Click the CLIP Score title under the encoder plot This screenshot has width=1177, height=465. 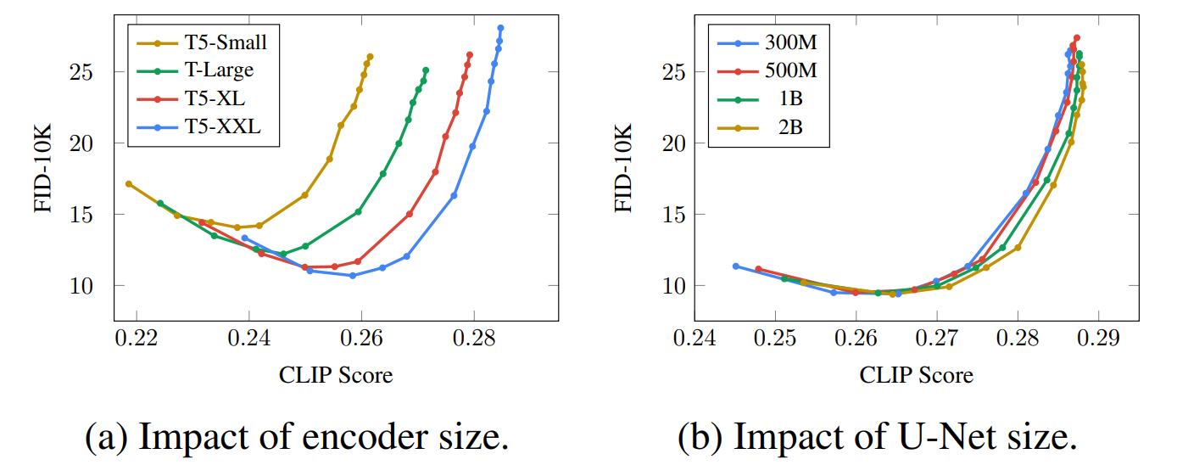(336, 374)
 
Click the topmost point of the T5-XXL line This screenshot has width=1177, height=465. (500, 28)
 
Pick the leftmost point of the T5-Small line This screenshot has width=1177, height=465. (129, 183)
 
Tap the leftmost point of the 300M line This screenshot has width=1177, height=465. (735, 266)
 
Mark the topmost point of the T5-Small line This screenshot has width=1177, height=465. (370, 57)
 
